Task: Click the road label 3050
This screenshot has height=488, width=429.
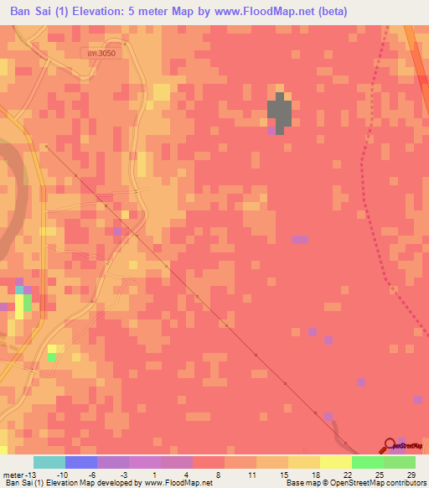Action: click(103, 53)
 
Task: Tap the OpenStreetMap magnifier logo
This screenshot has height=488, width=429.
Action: click(389, 445)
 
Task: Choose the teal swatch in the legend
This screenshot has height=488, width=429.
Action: click(49, 462)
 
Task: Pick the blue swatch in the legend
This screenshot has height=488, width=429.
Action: click(80, 462)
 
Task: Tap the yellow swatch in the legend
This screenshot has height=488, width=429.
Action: click(335, 462)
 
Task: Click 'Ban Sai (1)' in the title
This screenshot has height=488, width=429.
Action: click(37, 12)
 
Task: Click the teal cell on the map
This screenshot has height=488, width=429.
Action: click(18, 290)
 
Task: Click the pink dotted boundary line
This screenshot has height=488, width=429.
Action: click(366, 168)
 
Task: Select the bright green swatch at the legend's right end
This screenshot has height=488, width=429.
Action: click(400, 462)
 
